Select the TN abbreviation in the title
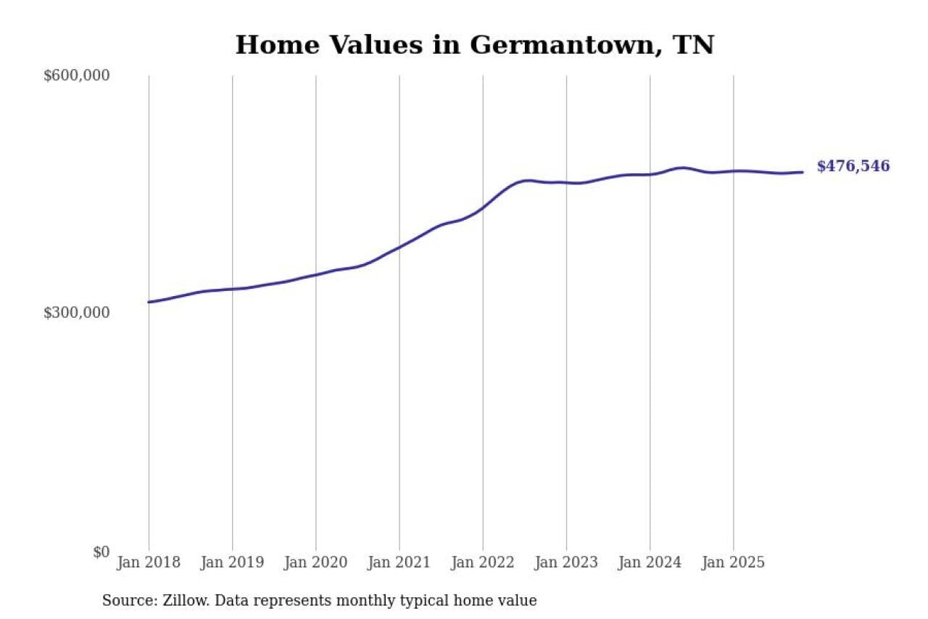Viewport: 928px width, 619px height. pyautogui.click(x=694, y=45)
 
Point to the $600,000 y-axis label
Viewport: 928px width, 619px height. pyautogui.click(x=77, y=75)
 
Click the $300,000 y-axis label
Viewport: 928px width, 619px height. pyautogui.click(x=77, y=313)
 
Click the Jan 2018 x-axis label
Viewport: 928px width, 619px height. pyautogui.click(x=149, y=562)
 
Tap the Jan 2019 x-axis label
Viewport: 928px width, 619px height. pyautogui.click(x=232, y=562)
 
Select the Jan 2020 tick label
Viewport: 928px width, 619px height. pyautogui.click(x=316, y=562)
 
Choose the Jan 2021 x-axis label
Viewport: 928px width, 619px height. pyautogui.click(x=399, y=562)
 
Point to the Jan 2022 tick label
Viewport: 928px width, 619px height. pyautogui.click(x=483, y=562)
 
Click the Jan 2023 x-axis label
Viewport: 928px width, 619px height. pyautogui.click(x=566, y=562)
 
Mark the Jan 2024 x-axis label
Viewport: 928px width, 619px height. pyautogui.click(x=650, y=562)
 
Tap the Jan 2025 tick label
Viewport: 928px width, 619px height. pyautogui.click(x=733, y=562)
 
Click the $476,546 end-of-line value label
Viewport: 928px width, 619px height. pyautogui.click(x=853, y=166)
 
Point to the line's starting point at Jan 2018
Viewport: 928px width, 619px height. pyautogui.click(x=149, y=302)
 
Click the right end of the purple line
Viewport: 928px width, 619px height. pyautogui.click(x=803, y=172)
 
